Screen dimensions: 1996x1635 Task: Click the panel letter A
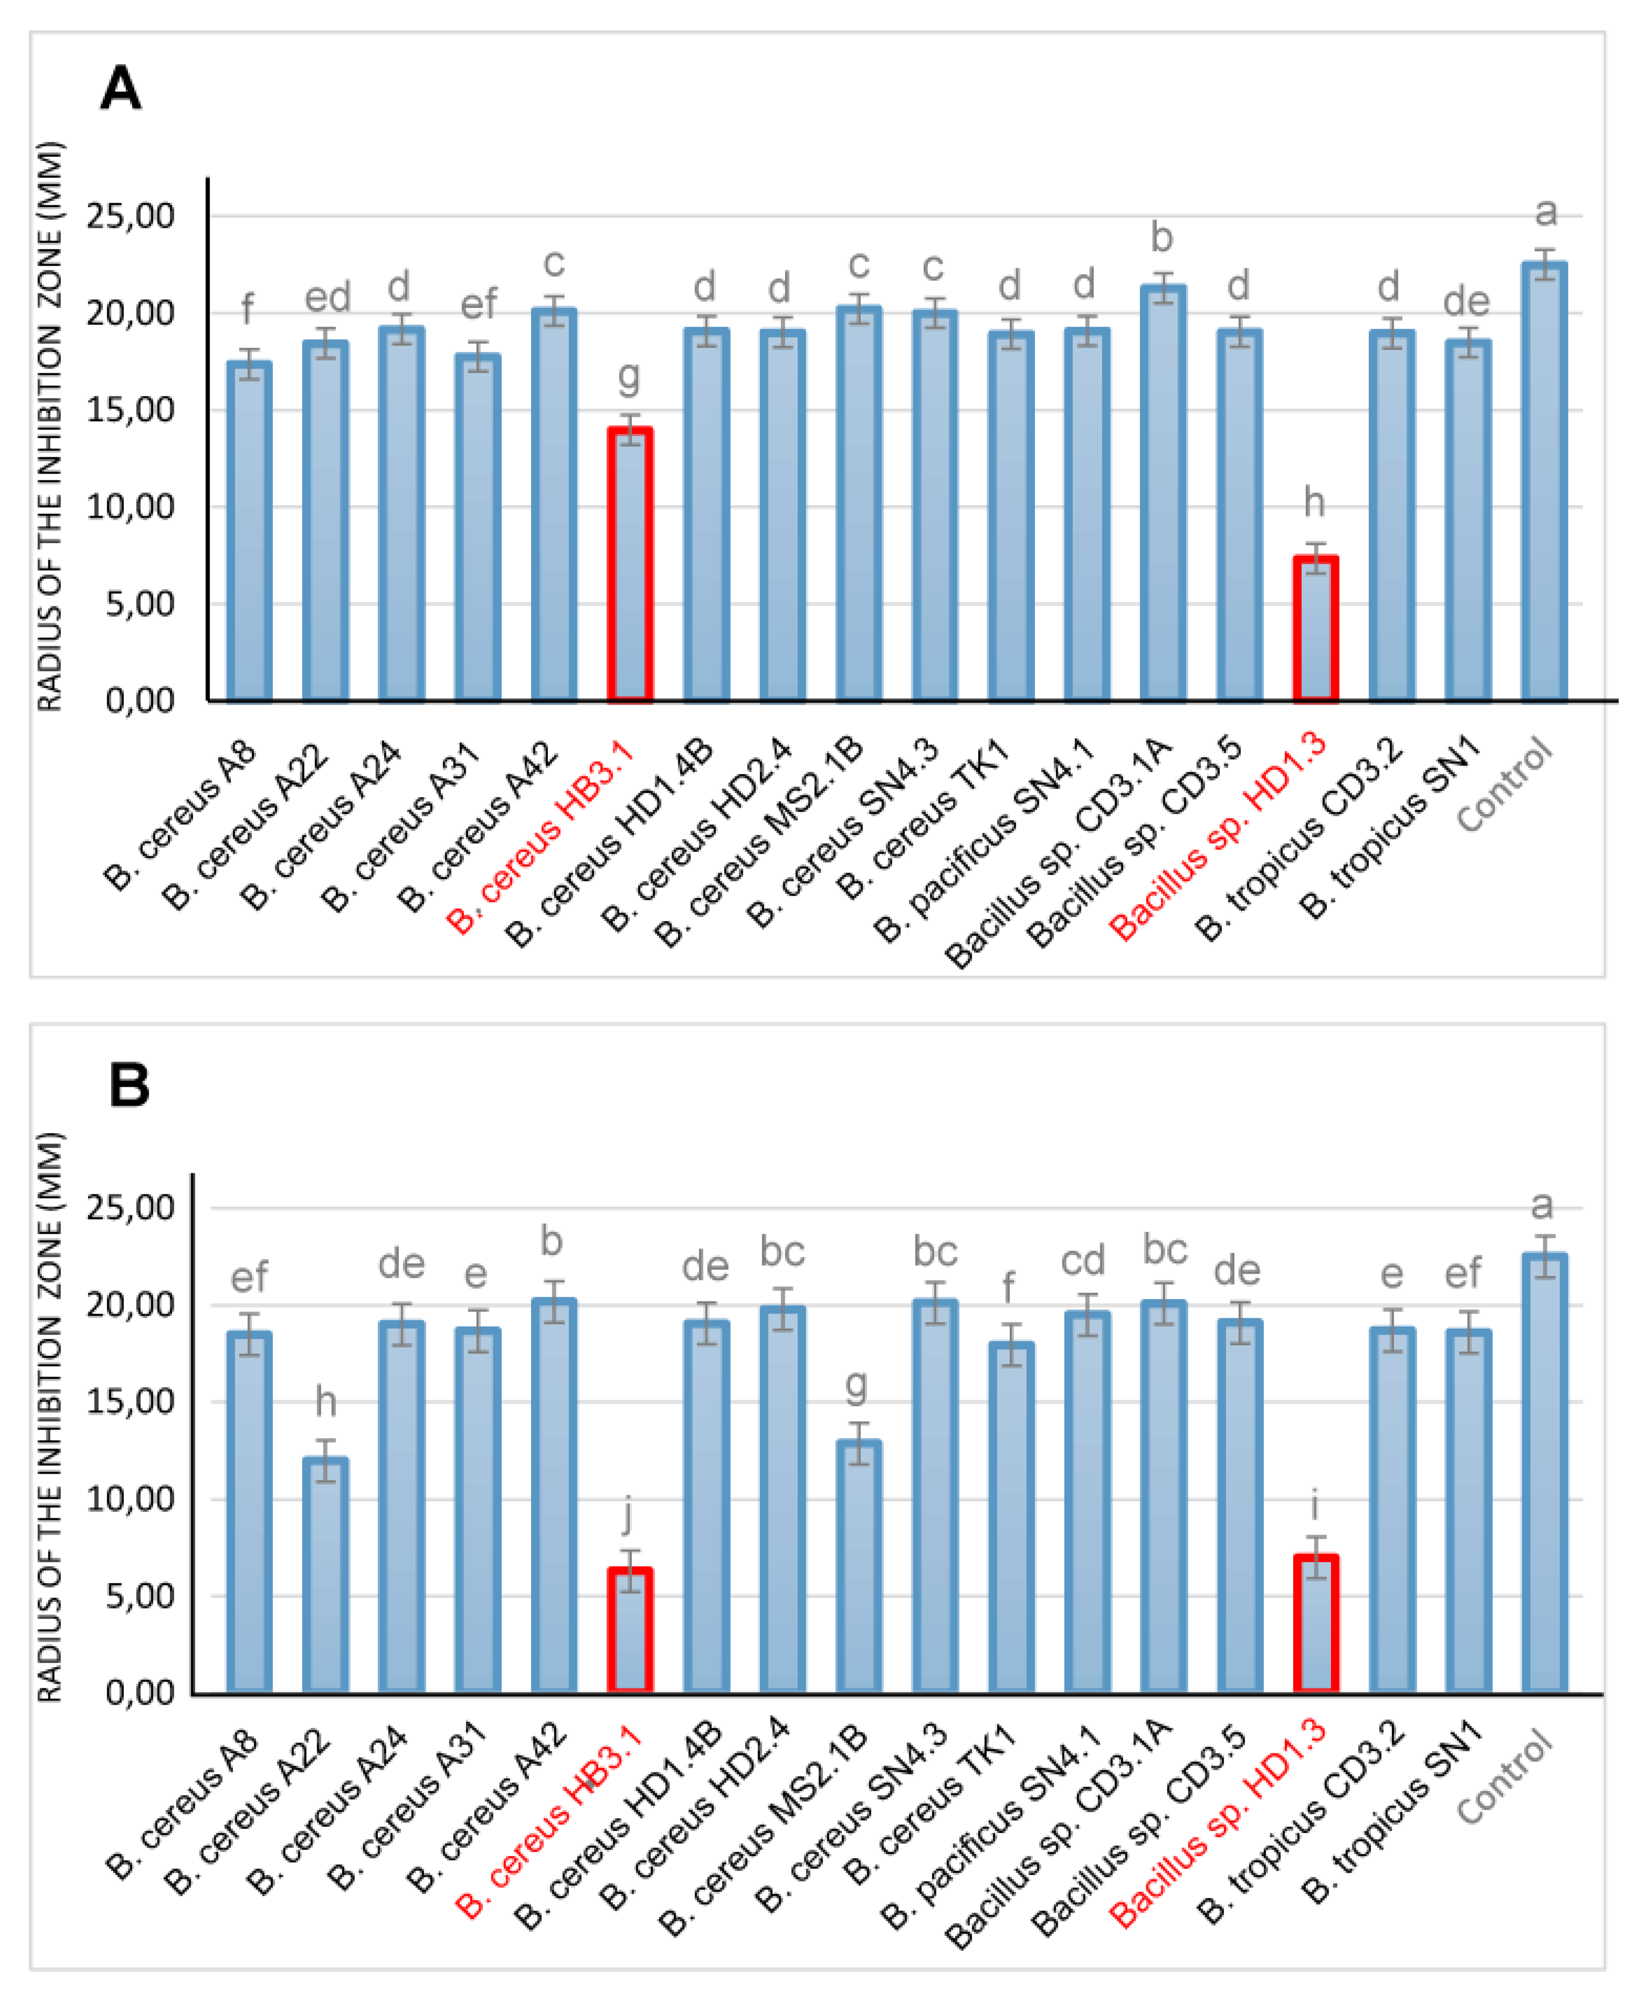tap(121, 89)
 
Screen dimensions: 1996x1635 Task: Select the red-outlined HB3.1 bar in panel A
tap(630, 565)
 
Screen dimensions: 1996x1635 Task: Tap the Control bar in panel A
tap(1545, 482)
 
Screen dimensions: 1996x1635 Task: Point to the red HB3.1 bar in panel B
tap(630, 1630)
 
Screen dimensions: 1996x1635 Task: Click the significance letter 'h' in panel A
tap(1314, 502)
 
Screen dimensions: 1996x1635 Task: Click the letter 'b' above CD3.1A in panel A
tap(1162, 237)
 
